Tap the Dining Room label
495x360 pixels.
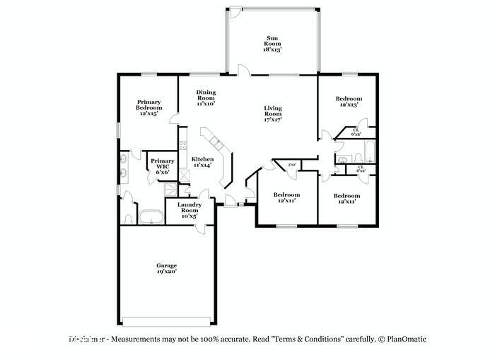[206, 98]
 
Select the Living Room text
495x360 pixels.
[272, 113]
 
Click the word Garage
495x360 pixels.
[166, 266]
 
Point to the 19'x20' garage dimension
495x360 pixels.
[166, 272]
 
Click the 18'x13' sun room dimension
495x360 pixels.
[273, 50]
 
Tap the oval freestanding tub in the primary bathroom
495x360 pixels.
[148, 216]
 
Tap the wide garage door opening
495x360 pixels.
[166, 315]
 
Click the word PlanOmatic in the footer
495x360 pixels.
[408, 339]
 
